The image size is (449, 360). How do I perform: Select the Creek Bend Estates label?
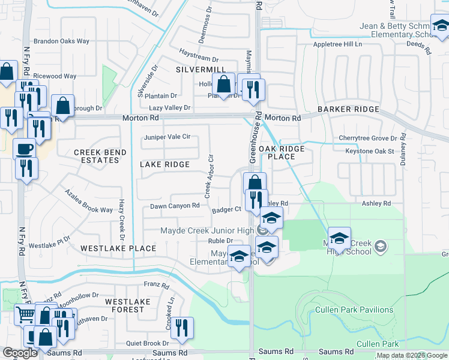click(100, 157)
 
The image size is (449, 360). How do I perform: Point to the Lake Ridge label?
click(164, 164)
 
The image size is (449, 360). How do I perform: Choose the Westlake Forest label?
click(125, 305)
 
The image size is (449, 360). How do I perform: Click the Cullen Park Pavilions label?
click(355, 310)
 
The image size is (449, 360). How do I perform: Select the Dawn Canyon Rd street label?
click(175, 206)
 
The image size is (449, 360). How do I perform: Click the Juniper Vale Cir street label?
click(167, 137)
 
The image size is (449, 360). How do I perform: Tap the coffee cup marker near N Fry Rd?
click(25, 148)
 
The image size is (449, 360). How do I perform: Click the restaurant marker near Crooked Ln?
click(182, 327)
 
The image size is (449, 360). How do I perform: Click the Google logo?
click(20, 353)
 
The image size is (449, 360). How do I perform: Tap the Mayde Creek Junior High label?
click(208, 230)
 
